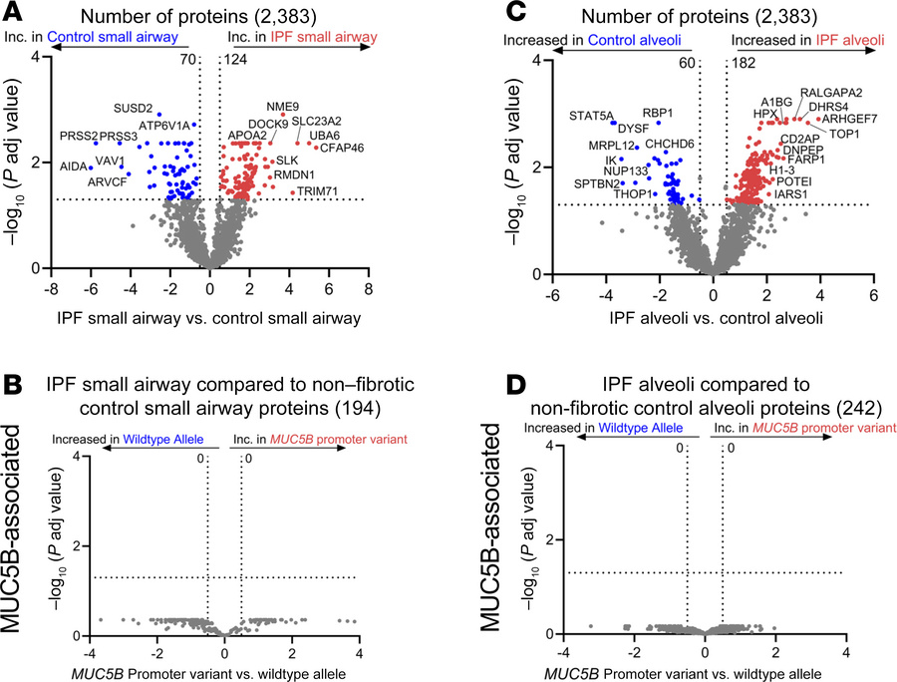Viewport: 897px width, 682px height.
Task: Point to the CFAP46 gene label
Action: pos(341,148)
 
